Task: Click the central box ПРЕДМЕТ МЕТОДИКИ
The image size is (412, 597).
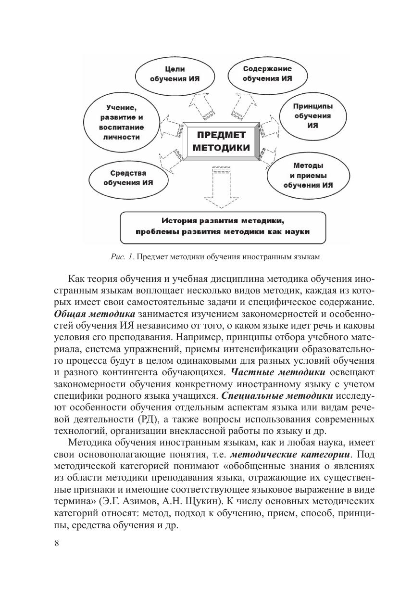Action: pos(221,141)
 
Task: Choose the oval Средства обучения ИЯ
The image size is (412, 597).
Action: pos(128,178)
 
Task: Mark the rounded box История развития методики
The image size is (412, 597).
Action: pos(223,226)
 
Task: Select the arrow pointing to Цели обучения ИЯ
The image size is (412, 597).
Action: pos(199,105)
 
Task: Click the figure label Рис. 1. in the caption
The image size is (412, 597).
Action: pos(122,257)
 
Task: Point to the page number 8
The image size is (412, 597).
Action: pos(57,544)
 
